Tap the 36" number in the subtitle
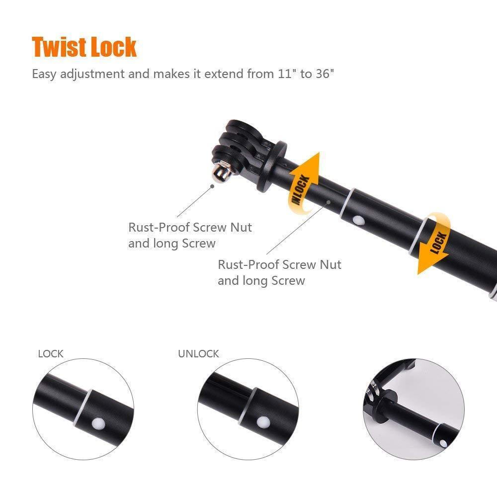tap(325, 74)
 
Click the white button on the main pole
tap(356, 220)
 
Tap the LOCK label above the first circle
tap(51, 354)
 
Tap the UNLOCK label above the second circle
tap(198, 354)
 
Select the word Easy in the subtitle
tap(43, 74)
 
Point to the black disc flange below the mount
tap(272, 166)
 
